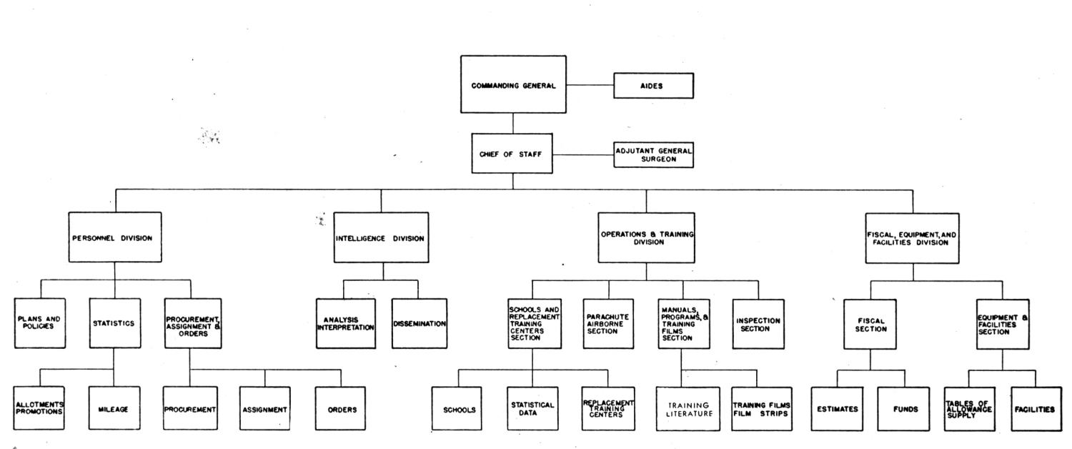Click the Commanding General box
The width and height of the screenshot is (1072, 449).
(513, 84)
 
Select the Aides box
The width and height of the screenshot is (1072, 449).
(653, 86)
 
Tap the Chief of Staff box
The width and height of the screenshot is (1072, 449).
(512, 153)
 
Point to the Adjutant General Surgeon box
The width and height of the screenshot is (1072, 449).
(653, 154)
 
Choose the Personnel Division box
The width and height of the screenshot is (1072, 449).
(115, 237)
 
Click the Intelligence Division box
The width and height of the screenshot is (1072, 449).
(381, 237)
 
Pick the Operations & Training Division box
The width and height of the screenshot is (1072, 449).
(646, 238)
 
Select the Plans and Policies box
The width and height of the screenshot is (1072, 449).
(40, 323)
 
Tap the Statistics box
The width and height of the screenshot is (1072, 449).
(115, 323)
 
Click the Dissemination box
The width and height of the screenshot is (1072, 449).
(420, 324)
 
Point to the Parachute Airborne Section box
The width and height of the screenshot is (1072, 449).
(608, 324)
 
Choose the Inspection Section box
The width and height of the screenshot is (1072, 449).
(758, 324)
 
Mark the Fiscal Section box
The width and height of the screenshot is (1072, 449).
(870, 324)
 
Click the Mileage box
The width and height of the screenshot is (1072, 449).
(114, 408)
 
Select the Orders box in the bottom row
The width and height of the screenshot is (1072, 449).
(340, 408)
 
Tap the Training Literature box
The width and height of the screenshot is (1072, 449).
(688, 409)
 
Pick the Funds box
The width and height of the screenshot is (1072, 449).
(903, 409)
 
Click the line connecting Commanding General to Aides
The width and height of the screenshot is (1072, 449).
(590, 85)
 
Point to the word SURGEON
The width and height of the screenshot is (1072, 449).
(658, 159)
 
